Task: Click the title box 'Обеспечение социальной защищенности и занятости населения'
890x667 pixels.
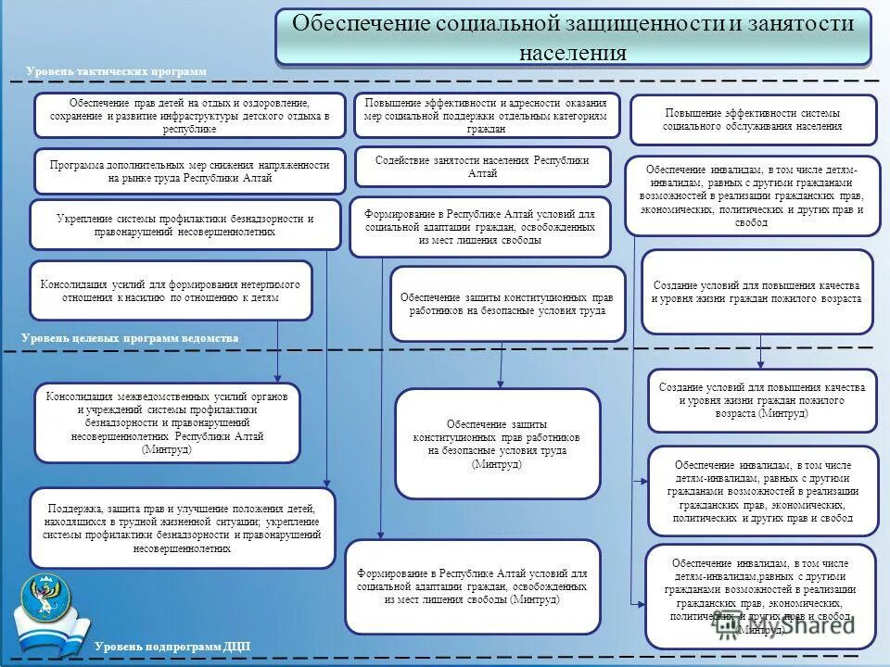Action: click(x=573, y=37)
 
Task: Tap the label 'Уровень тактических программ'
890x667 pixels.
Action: click(x=116, y=71)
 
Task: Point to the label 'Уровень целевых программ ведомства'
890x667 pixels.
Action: click(x=130, y=339)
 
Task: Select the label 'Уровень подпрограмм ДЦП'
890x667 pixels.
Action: click(x=172, y=646)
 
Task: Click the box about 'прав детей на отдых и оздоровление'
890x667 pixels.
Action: click(x=190, y=116)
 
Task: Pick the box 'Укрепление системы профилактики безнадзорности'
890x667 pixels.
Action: click(x=185, y=225)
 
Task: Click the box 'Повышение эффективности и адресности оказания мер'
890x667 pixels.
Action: click(x=486, y=116)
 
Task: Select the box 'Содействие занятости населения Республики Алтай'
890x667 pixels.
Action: click(x=482, y=167)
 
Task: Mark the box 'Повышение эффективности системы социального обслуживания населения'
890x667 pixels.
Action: click(x=753, y=120)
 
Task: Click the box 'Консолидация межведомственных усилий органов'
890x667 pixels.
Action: click(x=168, y=422)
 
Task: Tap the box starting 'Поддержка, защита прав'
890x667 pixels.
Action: click(x=182, y=528)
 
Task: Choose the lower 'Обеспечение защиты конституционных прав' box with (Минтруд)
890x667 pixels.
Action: click(x=497, y=444)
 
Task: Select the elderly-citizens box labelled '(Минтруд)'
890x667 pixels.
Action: click(x=762, y=400)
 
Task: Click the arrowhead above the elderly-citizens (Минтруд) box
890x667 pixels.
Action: click(x=760, y=363)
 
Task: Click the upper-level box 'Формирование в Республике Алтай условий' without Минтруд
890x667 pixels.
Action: click(x=480, y=226)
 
